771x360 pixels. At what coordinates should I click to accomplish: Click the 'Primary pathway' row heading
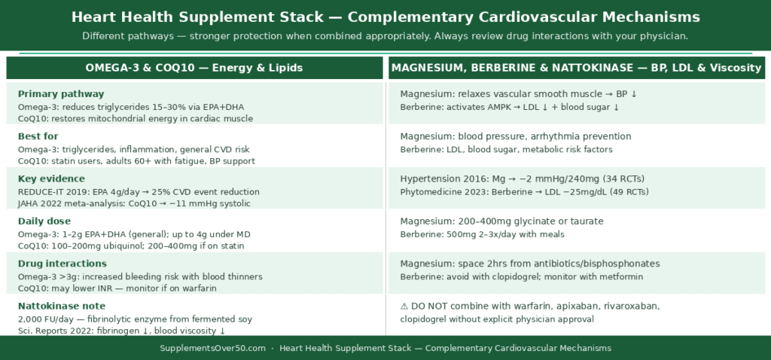60,94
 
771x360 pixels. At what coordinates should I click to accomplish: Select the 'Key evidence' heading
51,178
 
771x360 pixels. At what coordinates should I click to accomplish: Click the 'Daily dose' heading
44,221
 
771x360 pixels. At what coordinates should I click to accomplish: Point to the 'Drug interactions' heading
62,264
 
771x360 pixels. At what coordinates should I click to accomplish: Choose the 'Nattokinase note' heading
62,306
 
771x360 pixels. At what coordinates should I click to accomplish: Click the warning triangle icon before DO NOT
404,307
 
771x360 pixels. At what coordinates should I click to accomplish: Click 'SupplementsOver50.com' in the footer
212,348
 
